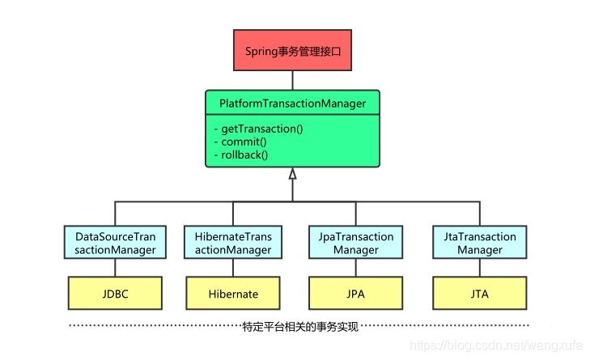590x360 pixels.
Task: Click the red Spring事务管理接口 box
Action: (292, 51)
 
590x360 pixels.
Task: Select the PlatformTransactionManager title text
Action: (292, 104)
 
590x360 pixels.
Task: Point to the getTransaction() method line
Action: (257, 129)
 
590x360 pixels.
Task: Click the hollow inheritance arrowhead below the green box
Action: (292, 173)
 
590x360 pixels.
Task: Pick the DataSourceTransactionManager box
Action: (116, 244)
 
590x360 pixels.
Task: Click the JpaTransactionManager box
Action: (356, 244)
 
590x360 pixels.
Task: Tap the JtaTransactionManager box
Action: (480, 244)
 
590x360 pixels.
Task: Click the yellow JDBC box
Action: (116, 293)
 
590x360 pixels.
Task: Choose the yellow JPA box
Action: (356, 293)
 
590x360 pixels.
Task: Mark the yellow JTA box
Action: (480, 293)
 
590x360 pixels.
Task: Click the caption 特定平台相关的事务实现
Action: (300, 328)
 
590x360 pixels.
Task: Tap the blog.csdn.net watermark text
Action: (499, 345)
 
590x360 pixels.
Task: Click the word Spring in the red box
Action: (261, 51)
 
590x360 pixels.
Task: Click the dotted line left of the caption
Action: (154, 328)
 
